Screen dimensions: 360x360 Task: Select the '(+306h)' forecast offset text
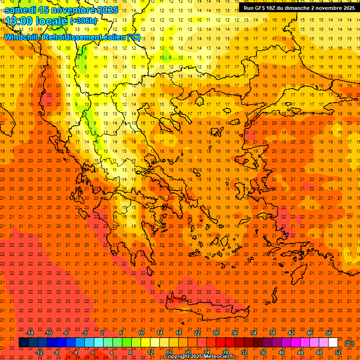click(x=83, y=21)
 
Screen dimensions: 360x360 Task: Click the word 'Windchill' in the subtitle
click(x=22, y=37)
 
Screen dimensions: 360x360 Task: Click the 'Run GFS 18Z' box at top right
click(x=299, y=7)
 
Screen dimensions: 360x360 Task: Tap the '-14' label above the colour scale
click(x=30, y=332)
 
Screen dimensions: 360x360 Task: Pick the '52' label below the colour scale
click(x=338, y=352)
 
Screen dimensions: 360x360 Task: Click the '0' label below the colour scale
click(x=93, y=352)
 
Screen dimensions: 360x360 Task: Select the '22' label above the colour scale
click(x=197, y=332)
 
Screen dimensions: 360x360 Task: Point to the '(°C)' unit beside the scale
click(x=349, y=343)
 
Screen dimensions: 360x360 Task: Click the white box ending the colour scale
click(x=333, y=343)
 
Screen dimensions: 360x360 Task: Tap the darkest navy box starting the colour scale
click(x=23, y=343)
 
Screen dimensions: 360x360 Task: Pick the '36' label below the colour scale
click(x=262, y=352)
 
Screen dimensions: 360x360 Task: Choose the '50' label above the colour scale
click(x=328, y=332)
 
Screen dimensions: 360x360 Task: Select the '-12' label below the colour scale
click(x=39, y=352)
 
